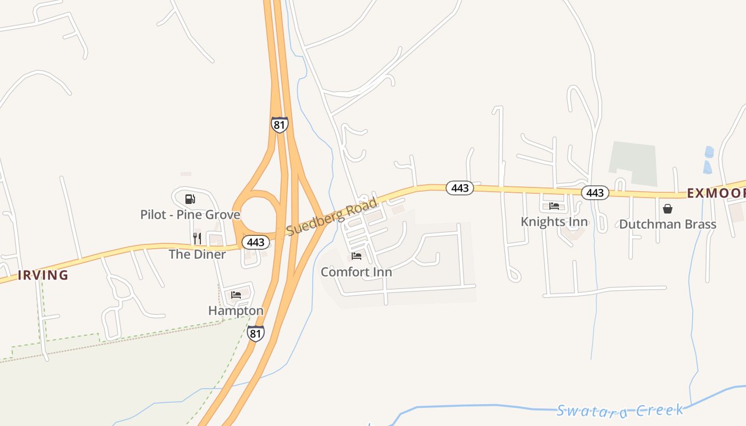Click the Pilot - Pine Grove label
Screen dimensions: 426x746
coord(190,215)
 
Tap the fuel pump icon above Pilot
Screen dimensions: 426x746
coord(190,199)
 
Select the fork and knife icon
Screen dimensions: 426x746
coord(197,238)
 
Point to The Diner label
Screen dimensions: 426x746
coord(197,254)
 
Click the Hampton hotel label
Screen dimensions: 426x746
coord(236,310)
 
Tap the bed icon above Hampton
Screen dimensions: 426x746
coord(236,294)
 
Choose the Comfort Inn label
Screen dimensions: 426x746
coord(356,272)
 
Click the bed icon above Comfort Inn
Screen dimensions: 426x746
coord(356,256)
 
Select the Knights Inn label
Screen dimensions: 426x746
coord(554,222)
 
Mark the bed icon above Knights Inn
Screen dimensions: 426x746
coord(554,206)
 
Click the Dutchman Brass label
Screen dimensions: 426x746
coord(668,224)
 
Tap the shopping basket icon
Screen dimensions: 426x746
coord(668,209)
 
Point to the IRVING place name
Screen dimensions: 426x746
coord(43,275)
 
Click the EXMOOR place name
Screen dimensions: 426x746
coord(716,193)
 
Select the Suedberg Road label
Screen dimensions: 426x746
coord(331,217)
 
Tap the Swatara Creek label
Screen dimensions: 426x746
coord(620,410)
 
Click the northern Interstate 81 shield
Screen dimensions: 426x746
coord(279,125)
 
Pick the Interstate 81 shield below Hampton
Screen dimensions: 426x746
coord(256,333)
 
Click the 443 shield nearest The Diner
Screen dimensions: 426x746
coord(256,242)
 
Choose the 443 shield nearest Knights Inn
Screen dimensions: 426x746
coord(595,193)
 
